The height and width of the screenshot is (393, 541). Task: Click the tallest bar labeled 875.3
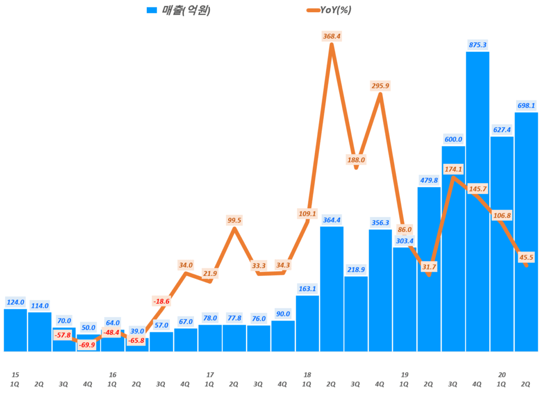[x=478, y=201]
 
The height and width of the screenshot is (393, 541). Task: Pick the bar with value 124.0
[x=15, y=330]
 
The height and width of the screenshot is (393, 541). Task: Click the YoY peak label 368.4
[x=331, y=36]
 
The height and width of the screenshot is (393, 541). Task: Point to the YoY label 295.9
[x=380, y=85]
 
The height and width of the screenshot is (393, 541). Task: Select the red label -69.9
[x=88, y=344]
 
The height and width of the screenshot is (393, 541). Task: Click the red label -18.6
[x=161, y=301]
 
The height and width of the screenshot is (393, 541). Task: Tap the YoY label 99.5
[x=234, y=220]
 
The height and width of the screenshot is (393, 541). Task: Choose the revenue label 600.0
[x=453, y=139]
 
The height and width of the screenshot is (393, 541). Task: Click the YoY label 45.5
[x=526, y=258]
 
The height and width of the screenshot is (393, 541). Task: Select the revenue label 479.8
[x=429, y=180]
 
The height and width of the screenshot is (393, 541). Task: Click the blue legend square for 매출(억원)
[x=152, y=10]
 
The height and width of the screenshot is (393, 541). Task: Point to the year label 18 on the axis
[x=307, y=375]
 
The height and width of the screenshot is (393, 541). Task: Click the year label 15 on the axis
[x=15, y=375]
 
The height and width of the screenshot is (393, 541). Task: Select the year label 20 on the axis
[x=502, y=375]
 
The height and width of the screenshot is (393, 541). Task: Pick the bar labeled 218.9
[x=356, y=314]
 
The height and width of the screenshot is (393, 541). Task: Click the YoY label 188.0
[x=356, y=160]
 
